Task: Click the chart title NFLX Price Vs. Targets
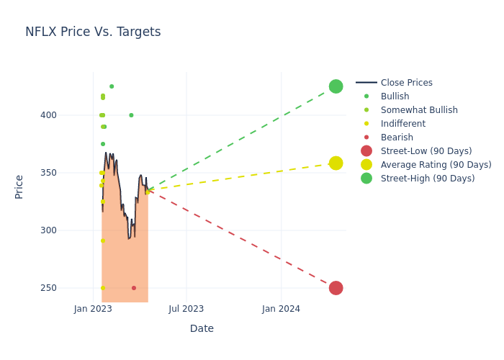(x=93, y=32)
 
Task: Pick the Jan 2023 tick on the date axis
(x=93, y=309)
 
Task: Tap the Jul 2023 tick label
(x=186, y=309)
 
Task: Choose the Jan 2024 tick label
(x=281, y=309)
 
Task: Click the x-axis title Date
(x=202, y=328)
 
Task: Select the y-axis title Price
(x=19, y=186)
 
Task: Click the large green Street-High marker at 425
(x=336, y=86)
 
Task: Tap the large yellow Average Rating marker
(x=336, y=163)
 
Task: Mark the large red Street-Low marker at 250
(x=336, y=288)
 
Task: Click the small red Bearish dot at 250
(x=134, y=288)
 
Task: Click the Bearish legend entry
(x=397, y=138)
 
